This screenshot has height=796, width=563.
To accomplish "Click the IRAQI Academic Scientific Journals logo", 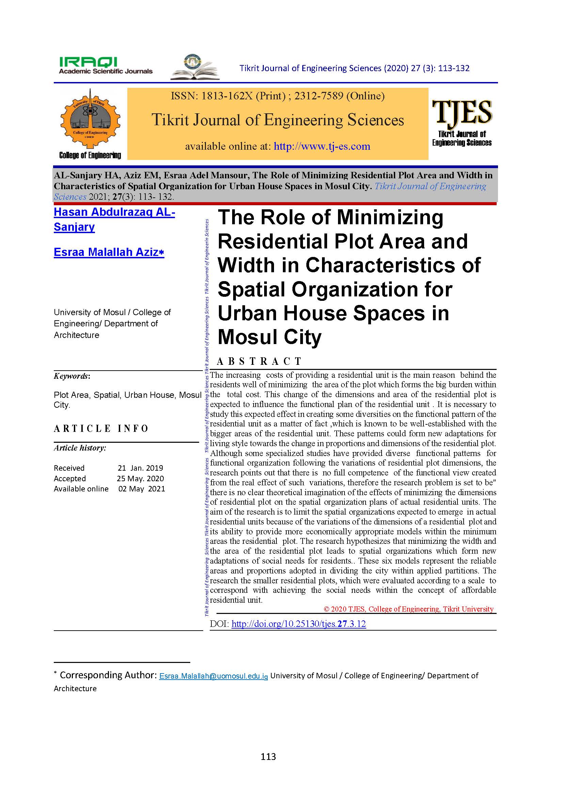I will (106, 66).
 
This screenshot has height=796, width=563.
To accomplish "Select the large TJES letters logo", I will (462, 112).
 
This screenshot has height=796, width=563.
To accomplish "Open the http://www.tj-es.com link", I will (322, 146).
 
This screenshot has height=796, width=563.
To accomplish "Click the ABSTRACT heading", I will (259, 361).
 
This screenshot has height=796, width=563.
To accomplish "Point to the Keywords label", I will (72, 376).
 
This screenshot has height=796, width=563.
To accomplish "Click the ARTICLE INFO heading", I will (101, 428).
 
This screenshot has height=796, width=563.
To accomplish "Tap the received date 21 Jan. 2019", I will (140, 468).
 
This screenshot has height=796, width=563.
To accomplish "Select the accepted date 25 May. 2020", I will (140, 478).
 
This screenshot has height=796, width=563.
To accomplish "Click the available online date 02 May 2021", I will (142, 489).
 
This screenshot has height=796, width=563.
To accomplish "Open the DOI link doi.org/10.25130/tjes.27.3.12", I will (299, 624).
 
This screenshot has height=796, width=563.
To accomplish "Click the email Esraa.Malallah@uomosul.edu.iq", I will (213, 676).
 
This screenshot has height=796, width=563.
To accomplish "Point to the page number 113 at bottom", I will (268, 757).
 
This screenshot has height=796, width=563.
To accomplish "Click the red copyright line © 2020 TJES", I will (408, 609).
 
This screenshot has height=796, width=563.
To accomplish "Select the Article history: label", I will (80, 448).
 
